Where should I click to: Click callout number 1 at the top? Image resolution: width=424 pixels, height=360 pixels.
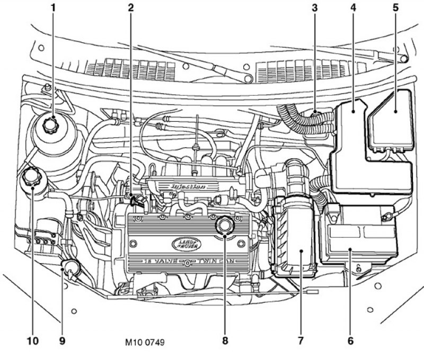53,7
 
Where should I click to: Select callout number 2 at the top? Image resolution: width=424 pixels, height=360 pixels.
130,7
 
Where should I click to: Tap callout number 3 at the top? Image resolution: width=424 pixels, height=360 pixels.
314,7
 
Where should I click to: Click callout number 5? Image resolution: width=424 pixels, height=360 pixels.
395,7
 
